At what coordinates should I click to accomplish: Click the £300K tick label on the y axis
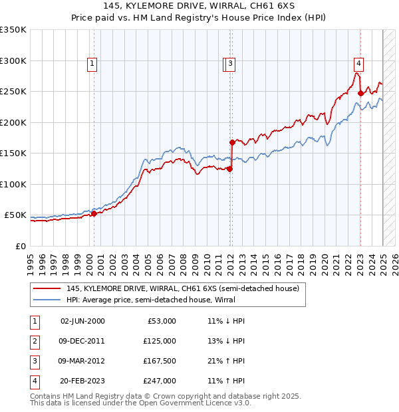[x=13, y=60]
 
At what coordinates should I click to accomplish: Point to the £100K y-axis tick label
[x=13, y=184]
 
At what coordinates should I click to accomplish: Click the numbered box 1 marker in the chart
[x=91, y=64]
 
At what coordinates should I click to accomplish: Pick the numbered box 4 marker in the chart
[x=358, y=64]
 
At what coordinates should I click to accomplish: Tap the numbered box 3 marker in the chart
[x=230, y=64]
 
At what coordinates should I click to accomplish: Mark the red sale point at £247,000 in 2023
[x=360, y=94]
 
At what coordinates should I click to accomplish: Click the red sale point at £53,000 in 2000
[x=94, y=213]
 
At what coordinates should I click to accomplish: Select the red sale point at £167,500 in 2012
[x=232, y=142]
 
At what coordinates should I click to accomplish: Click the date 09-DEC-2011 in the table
[x=82, y=341]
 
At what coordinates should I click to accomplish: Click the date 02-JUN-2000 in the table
[x=82, y=321]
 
